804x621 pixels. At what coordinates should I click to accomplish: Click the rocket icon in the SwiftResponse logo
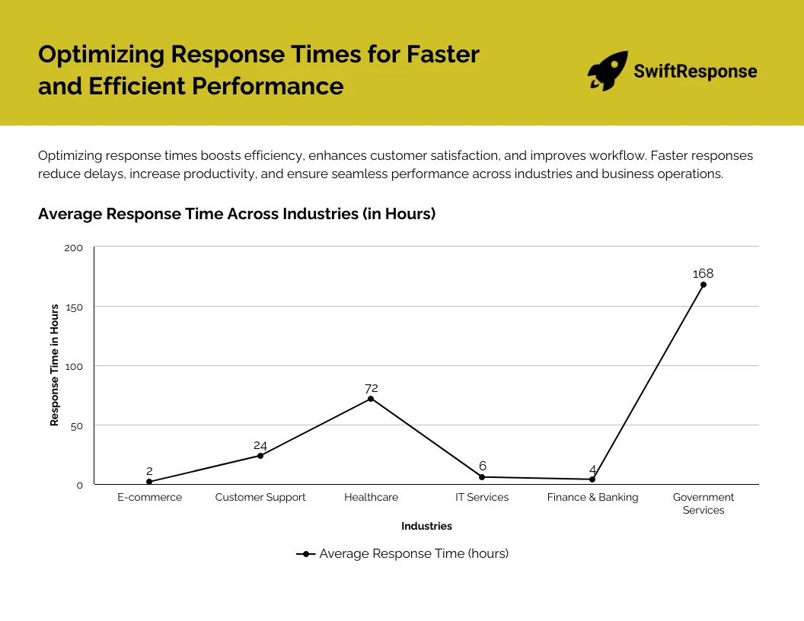click(608, 72)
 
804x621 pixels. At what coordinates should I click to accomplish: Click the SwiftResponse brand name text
click(695, 72)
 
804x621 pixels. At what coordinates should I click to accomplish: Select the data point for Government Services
click(703, 285)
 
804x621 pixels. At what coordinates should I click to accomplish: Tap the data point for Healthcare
click(371, 399)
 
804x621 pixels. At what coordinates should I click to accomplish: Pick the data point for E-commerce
click(149, 482)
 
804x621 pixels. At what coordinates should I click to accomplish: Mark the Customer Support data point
click(260, 456)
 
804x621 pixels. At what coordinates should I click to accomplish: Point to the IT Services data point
click(482, 477)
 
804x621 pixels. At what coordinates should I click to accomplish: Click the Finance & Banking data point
click(592, 479)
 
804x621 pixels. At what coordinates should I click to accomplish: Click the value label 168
click(703, 274)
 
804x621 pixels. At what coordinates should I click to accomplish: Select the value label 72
click(371, 388)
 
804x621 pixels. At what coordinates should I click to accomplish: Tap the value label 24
click(260, 445)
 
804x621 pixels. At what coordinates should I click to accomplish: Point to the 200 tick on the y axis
click(74, 247)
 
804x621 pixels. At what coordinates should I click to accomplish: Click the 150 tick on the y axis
click(74, 307)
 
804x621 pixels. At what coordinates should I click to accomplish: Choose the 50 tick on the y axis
click(76, 425)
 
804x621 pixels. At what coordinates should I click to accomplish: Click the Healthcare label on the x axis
click(371, 497)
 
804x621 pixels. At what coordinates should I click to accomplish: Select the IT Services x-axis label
click(482, 497)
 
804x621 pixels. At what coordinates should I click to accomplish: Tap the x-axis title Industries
click(426, 526)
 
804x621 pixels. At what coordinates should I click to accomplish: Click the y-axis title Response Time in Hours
click(55, 365)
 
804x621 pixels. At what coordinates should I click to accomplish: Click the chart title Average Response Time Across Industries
click(237, 214)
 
